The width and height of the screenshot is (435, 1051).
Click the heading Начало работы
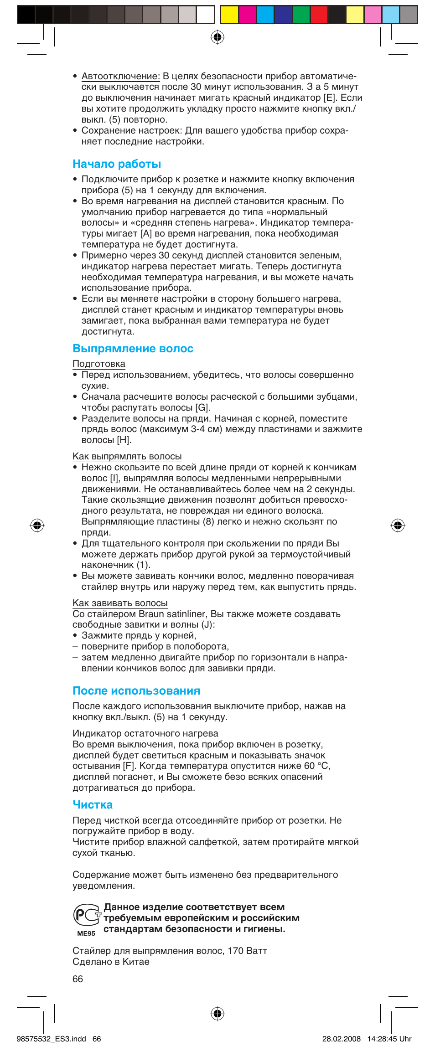(x=117, y=164)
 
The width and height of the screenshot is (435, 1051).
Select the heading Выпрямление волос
(x=133, y=349)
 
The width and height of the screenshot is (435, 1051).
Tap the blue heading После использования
(x=136, y=691)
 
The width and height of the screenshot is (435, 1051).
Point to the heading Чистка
(x=93, y=805)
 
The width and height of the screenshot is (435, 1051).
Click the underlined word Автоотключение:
(x=120, y=76)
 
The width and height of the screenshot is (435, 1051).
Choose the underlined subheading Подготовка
(x=98, y=364)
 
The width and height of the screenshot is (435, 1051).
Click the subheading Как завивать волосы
(x=120, y=603)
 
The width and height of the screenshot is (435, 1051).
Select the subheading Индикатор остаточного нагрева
(x=145, y=733)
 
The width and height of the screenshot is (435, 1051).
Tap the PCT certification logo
(x=87, y=915)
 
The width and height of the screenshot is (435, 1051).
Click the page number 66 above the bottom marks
(x=78, y=979)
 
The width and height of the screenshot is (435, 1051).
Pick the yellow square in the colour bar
(x=229, y=15)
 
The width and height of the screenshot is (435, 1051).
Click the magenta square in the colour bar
(x=247, y=15)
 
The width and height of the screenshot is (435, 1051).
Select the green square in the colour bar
(x=301, y=15)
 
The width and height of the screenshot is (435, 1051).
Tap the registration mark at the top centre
(x=217, y=37)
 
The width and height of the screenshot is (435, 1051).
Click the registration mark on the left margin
(x=37, y=525)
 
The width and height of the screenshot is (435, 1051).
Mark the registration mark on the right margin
(x=398, y=525)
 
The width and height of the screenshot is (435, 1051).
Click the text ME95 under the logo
(x=86, y=933)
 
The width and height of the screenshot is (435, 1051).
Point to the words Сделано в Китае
(x=111, y=962)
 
